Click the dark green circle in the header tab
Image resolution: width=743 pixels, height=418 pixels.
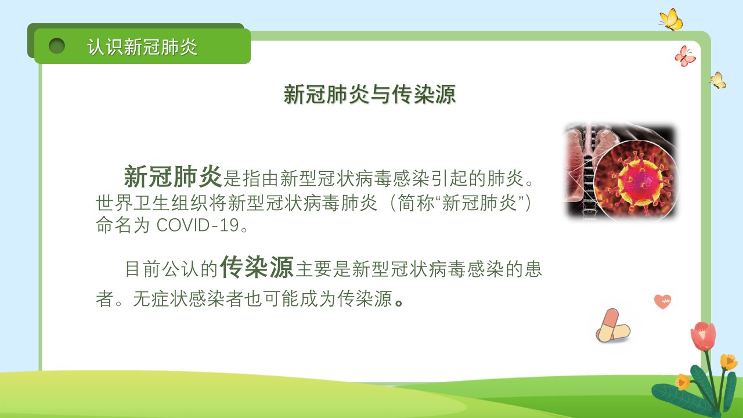57,46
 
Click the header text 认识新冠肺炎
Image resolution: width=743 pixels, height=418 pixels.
142,47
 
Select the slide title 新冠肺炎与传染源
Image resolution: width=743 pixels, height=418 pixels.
370,94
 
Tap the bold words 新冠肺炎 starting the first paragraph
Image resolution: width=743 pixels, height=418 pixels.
173,176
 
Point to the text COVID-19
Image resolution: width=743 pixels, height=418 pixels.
198,225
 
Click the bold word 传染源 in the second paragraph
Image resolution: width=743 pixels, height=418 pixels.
257,267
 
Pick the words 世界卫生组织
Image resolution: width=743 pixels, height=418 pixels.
152,203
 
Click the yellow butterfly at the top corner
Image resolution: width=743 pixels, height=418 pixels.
671,20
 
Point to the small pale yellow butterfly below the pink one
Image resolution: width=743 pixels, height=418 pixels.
718,80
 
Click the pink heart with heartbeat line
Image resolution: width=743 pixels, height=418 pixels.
662,301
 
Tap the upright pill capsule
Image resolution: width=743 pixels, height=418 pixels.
608,325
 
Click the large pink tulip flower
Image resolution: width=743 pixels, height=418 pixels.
703,336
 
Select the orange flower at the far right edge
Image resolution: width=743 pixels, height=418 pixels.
728,362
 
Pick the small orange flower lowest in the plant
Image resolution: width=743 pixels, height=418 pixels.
682,382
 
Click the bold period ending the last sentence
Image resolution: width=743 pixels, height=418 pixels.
399,303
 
